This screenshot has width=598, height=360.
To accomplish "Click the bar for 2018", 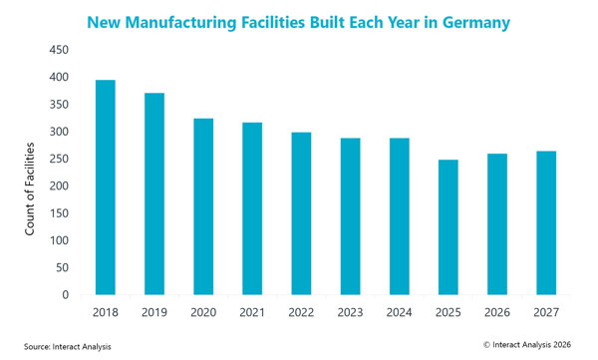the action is pyautogui.click(x=106, y=187).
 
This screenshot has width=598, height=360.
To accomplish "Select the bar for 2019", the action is pyautogui.click(x=154, y=193).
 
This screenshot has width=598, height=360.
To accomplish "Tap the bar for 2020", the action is pyautogui.click(x=203, y=206).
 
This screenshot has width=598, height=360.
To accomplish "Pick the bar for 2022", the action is pyautogui.click(x=301, y=213).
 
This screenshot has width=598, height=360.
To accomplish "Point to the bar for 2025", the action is pyautogui.click(x=448, y=227).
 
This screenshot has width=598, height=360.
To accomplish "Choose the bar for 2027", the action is pyautogui.click(x=546, y=223).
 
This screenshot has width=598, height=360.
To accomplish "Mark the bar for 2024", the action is pyautogui.click(x=400, y=216).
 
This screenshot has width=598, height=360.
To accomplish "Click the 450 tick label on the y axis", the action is pyautogui.click(x=59, y=50).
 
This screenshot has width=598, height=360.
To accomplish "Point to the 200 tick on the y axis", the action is pyautogui.click(x=59, y=185).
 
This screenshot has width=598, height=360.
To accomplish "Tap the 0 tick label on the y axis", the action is pyautogui.click(x=66, y=295).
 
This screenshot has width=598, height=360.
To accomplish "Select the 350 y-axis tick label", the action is pyautogui.click(x=59, y=105).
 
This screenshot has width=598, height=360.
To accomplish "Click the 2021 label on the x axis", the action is pyautogui.click(x=252, y=313).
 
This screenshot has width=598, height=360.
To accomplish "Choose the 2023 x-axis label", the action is pyautogui.click(x=350, y=313).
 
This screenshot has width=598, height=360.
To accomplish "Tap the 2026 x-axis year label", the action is pyautogui.click(x=497, y=313).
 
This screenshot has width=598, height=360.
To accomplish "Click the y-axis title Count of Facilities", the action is pyautogui.click(x=30, y=188).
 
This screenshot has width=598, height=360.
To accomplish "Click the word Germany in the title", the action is pyautogui.click(x=476, y=23).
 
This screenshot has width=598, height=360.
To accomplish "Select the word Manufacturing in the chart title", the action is pyautogui.click(x=180, y=23).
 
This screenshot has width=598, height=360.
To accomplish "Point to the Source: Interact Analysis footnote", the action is pyautogui.click(x=68, y=347).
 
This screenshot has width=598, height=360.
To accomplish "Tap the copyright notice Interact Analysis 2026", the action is pyautogui.click(x=527, y=345).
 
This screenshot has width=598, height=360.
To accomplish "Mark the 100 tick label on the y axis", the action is pyautogui.click(x=59, y=240).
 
